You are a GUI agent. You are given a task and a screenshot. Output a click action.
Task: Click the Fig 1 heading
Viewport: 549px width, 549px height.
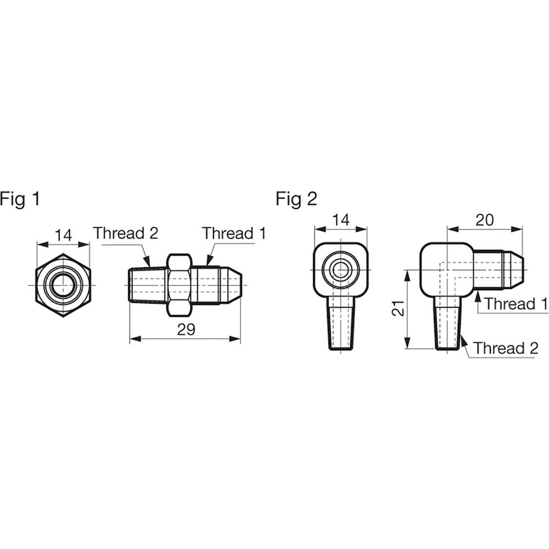point(20,199)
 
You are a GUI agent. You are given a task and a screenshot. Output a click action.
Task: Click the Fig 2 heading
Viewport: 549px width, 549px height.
point(296,199)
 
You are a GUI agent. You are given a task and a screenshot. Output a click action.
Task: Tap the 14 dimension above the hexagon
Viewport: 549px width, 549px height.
point(63,235)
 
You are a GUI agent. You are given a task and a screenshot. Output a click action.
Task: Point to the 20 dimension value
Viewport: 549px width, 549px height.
point(484,220)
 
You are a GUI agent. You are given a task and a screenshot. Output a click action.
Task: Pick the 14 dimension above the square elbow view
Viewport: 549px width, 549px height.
point(340,220)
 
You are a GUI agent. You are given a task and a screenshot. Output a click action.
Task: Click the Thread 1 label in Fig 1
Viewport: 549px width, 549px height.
point(234,233)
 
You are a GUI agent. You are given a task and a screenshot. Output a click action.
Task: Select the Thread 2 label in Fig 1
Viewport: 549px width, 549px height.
point(126,233)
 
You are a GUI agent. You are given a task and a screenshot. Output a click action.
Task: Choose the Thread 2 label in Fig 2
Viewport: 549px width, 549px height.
point(506,348)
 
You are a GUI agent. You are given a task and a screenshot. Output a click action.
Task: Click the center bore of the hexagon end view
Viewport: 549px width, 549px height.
point(63,285)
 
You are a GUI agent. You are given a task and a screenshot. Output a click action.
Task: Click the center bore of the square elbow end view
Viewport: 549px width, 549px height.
point(341,270)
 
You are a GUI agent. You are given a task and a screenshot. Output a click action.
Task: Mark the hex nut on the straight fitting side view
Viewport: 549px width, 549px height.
point(178,284)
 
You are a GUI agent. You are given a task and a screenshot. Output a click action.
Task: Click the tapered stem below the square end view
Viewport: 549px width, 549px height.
point(341,324)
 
